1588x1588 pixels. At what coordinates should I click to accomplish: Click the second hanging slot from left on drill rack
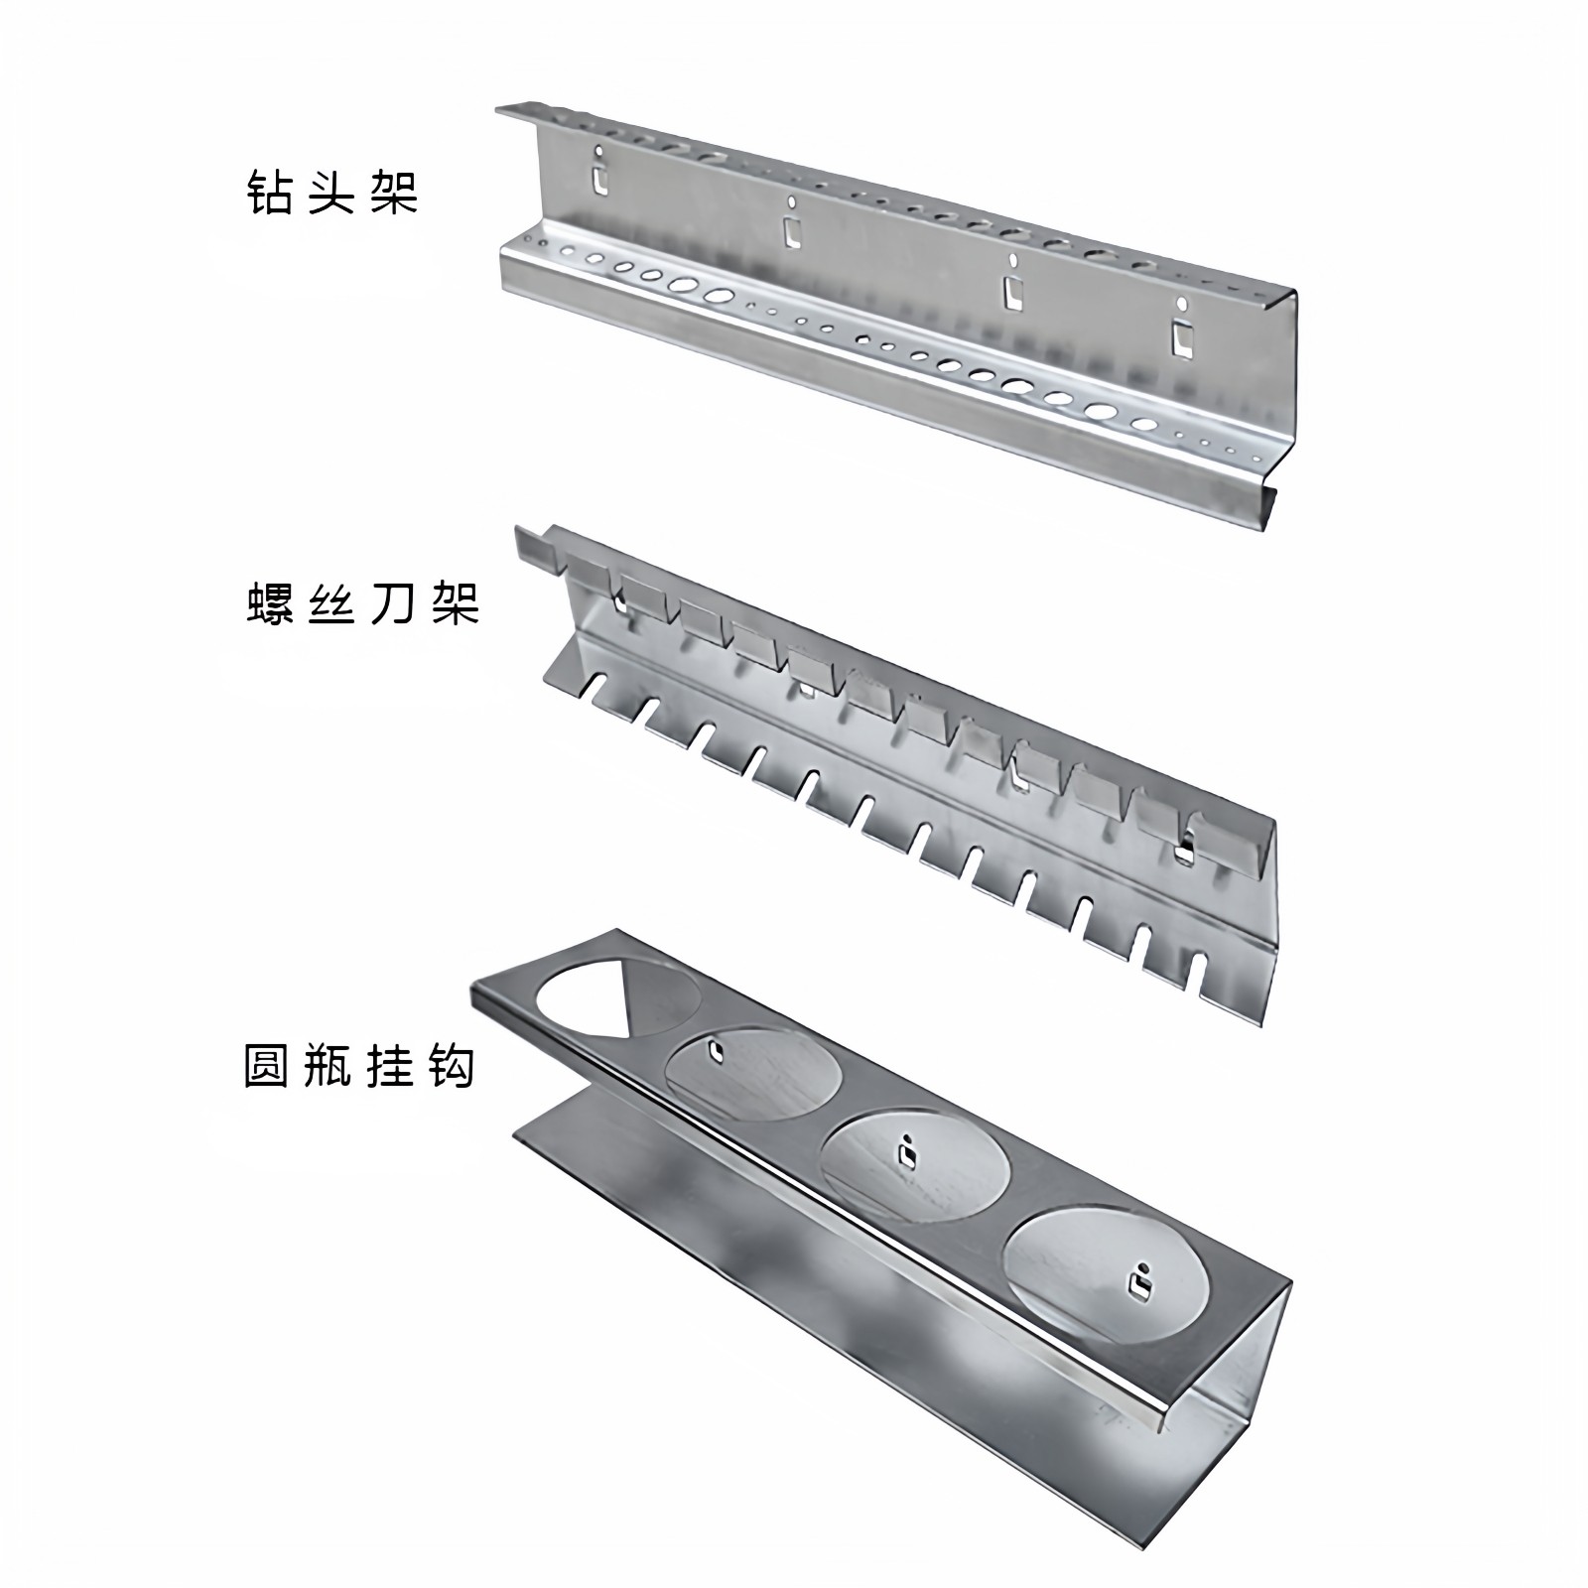[791, 230]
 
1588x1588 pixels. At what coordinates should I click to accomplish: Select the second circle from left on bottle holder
[754, 1075]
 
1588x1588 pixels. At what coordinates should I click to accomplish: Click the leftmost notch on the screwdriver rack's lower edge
[595, 685]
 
